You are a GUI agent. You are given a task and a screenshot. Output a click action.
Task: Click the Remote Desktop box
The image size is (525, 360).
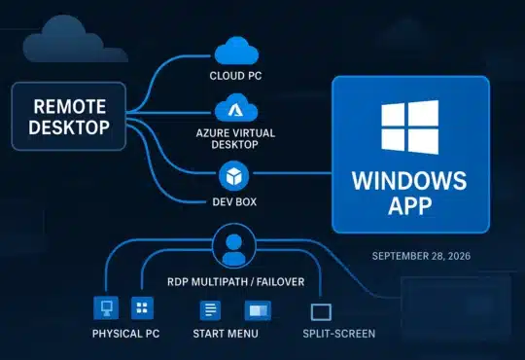68,116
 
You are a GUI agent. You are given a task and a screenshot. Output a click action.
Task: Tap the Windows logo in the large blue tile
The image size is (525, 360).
408,127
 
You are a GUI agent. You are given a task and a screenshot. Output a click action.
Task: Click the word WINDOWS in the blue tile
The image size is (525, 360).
408,182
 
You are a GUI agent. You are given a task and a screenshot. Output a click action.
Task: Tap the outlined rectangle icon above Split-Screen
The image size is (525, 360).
322,312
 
